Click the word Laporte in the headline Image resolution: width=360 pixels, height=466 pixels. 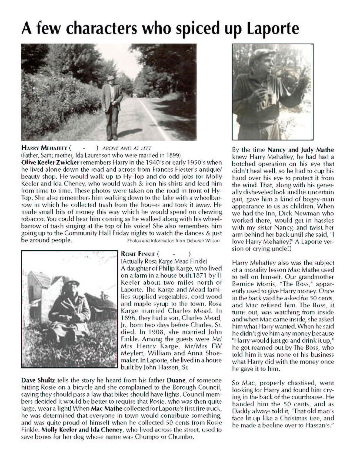tap(273, 29)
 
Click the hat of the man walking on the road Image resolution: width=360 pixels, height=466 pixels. tap(111, 78)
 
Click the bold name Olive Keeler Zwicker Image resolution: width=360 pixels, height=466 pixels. tap(50, 162)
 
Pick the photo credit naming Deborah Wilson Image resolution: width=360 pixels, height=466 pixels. tap(173, 241)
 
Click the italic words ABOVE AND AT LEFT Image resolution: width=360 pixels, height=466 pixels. tap(126, 148)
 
